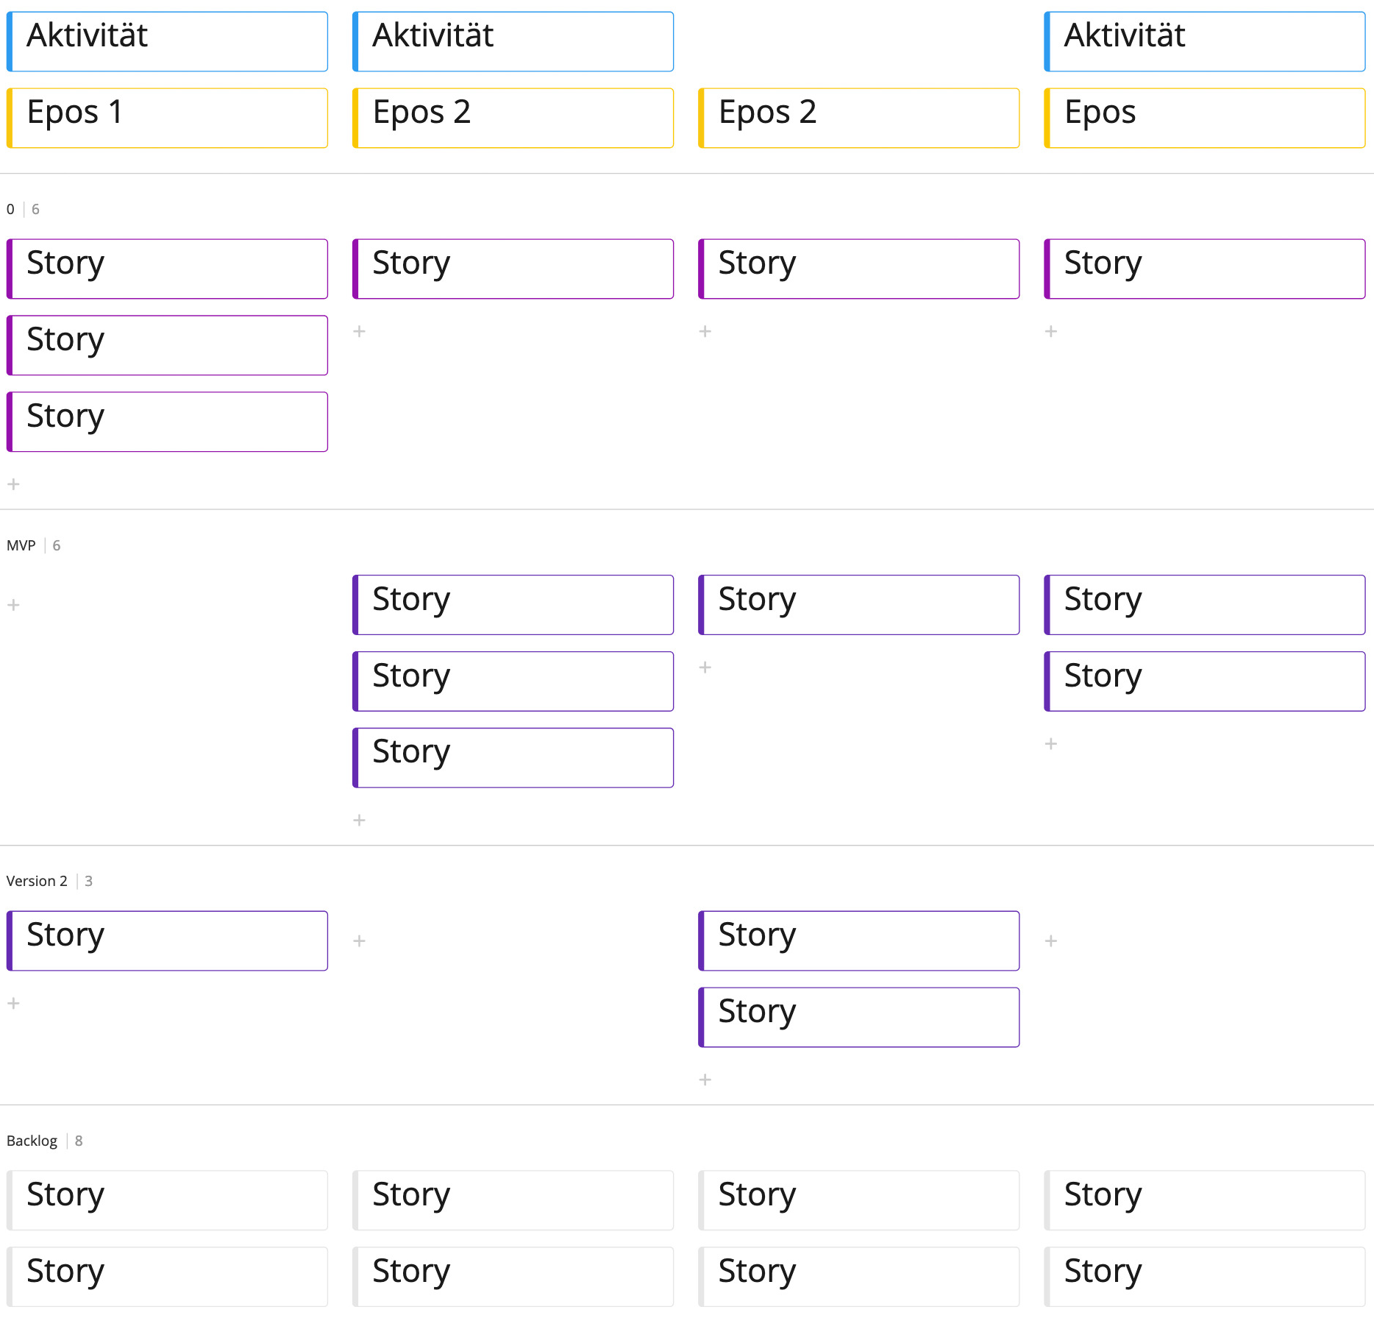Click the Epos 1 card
point(167,118)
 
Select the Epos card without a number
point(1204,118)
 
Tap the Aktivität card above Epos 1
point(167,41)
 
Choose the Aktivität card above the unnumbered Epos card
point(1204,41)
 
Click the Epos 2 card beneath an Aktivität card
point(513,118)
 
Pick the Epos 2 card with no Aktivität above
point(858,118)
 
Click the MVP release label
point(21,545)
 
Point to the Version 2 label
point(37,881)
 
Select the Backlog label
point(32,1141)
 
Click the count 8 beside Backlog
point(79,1141)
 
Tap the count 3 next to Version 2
point(88,881)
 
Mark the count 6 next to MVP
point(57,545)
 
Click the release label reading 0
point(10,209)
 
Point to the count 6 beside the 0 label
point(35,209)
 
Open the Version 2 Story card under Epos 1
point(167,940)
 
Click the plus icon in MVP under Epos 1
point(13,605)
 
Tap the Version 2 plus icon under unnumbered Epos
point(1051,940)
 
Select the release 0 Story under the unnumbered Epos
point(1204,269)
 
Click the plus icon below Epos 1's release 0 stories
point(13,484)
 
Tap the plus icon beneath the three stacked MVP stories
point(359,820)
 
